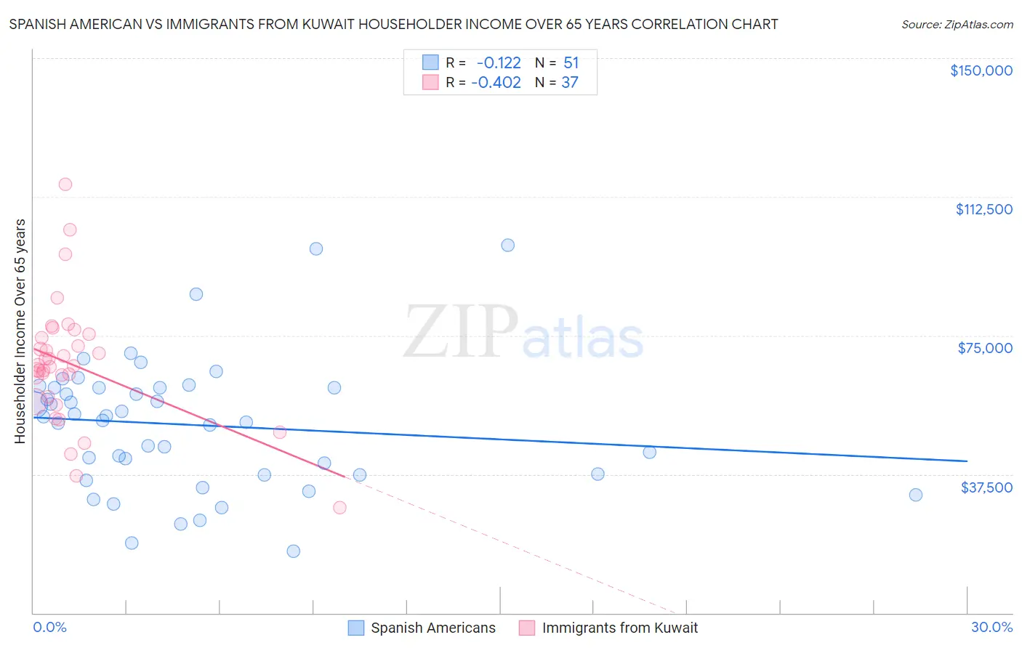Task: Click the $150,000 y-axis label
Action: pos(981,70)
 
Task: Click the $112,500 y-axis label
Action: pos(983,209)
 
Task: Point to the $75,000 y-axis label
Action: pos(985,348)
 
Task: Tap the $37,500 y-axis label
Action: pos(986,487)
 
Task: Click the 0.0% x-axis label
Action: pos(49,627)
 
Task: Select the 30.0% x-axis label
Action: pos(991,627)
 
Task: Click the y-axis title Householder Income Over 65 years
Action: pos(20,331)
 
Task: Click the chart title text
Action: pos(393,24)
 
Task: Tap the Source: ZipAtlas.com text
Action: pos(957,24)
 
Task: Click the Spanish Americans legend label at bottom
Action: pos(432,628)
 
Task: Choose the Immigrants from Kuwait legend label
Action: pos(619,628)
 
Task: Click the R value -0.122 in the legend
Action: pos(499,63)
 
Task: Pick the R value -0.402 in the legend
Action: pos(496,83)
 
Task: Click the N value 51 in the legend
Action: pos(571,63)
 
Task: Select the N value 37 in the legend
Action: pos(569,83)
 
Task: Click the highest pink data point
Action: pos(65,185)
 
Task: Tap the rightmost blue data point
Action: pos(916,495)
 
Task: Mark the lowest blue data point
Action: pos(294,551)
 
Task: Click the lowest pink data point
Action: pos(339,508)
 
